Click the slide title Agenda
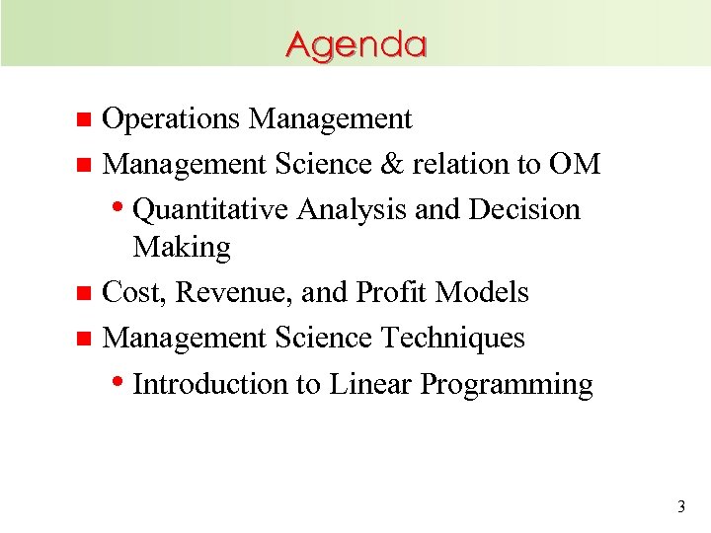356,45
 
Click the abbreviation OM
576,164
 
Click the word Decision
524,209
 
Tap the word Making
182,247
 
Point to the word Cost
130,292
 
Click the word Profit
392,292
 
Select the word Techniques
453,338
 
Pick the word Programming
507,385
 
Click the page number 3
680,507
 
